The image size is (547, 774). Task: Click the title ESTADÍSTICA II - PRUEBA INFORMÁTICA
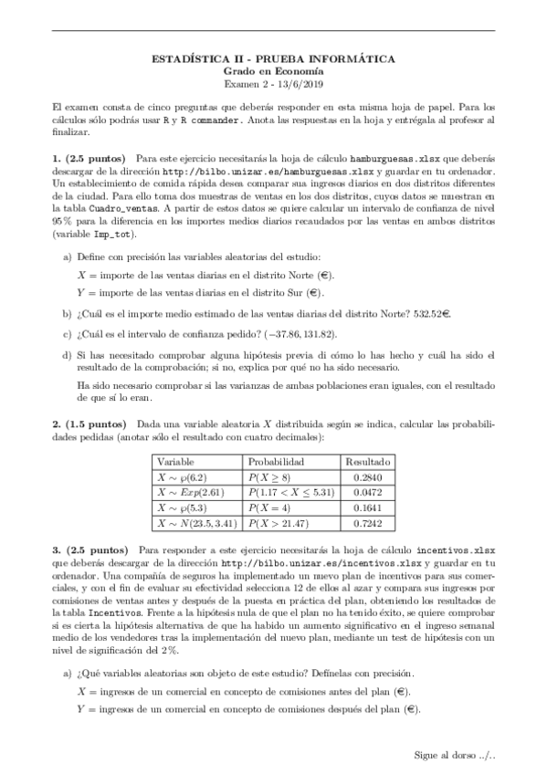[x=272, y=58]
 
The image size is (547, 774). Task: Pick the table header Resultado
[x=369, y=463]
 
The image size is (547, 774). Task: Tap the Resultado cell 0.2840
[x=369, y=476]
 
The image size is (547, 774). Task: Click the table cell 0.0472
[x=369, y=493]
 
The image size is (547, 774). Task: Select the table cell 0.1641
[x=369, y=508]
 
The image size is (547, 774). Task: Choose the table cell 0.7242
[x=369, y=524]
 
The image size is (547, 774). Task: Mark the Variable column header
[x=177, y=463]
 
